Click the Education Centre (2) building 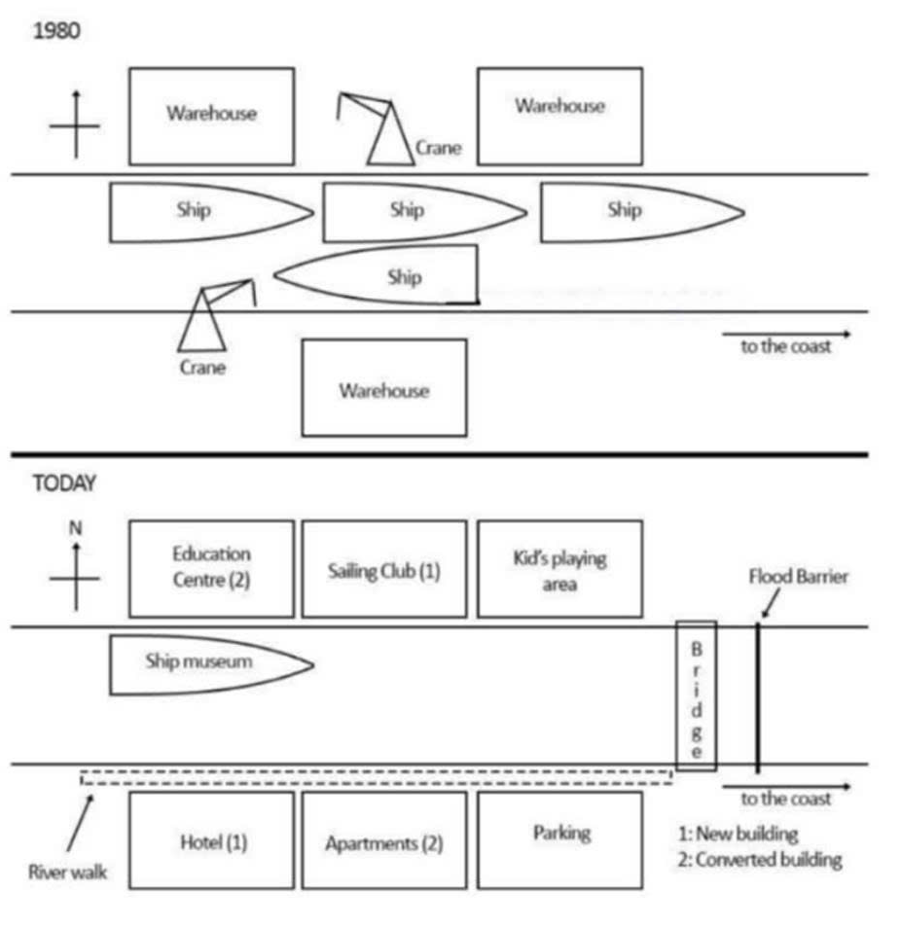point(211,568)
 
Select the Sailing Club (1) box point(384,569)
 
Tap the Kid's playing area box point(559,569)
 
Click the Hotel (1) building point(211,840)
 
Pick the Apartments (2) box point(384,841)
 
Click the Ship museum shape point(204,664)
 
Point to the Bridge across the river point(696,695)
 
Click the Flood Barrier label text point(798,577)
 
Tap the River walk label point(67,872)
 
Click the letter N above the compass point(75,528)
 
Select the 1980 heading point(56,31)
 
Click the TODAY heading point(64,483)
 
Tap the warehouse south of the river point(384,388)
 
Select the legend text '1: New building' point(738,834)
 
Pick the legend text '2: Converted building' point(760,860)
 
